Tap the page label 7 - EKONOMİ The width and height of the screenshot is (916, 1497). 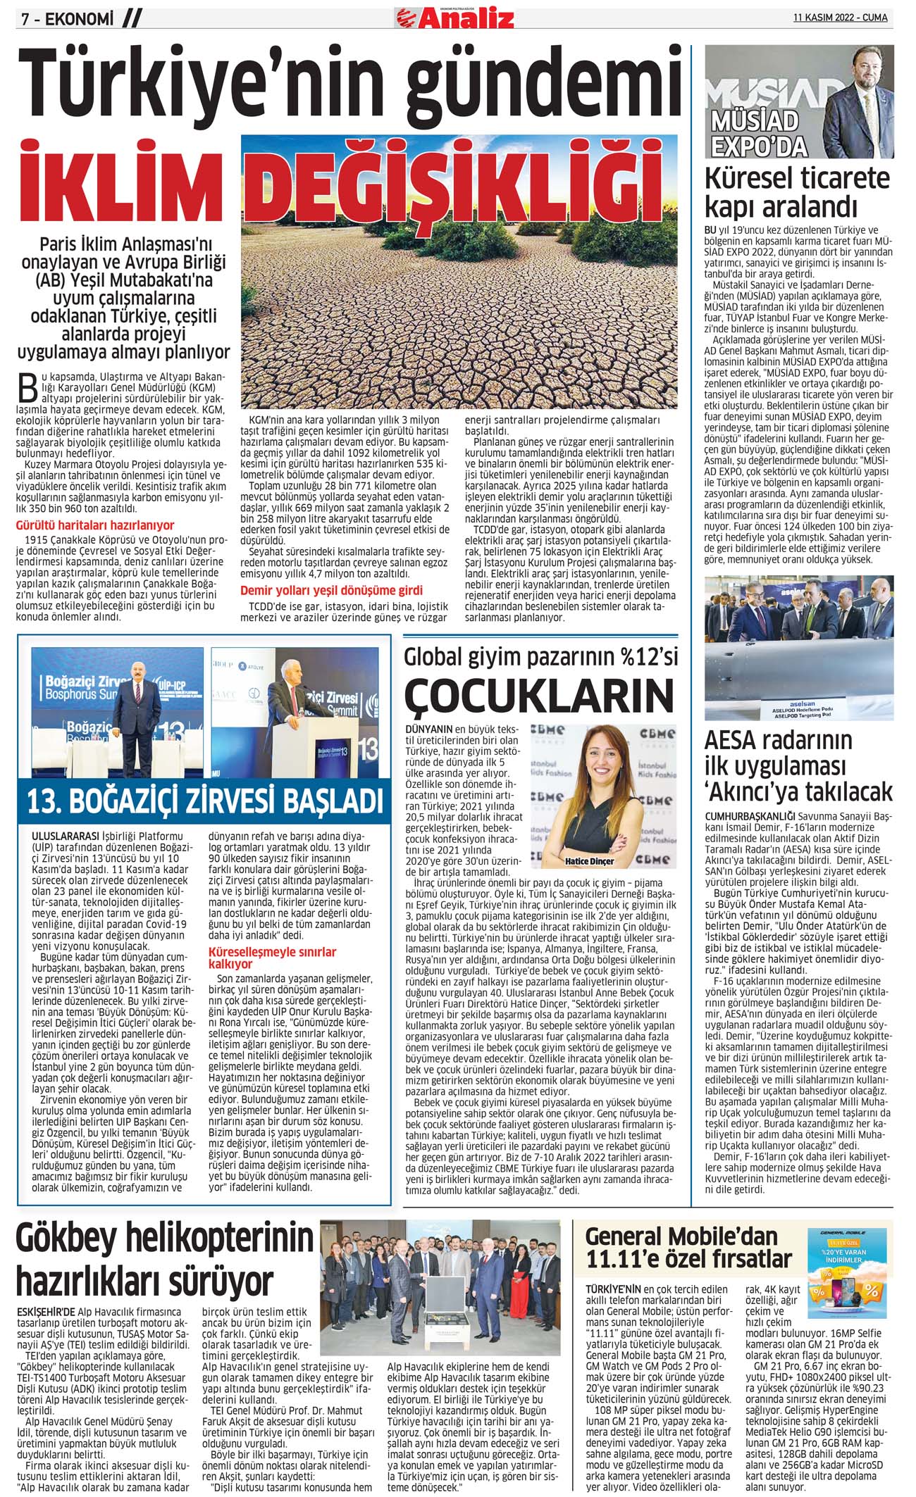click(x=68, y=19)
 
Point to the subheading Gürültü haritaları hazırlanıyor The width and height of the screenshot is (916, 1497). click(x=94, y=525)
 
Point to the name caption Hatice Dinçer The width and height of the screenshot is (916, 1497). click(x=589, y=861)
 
